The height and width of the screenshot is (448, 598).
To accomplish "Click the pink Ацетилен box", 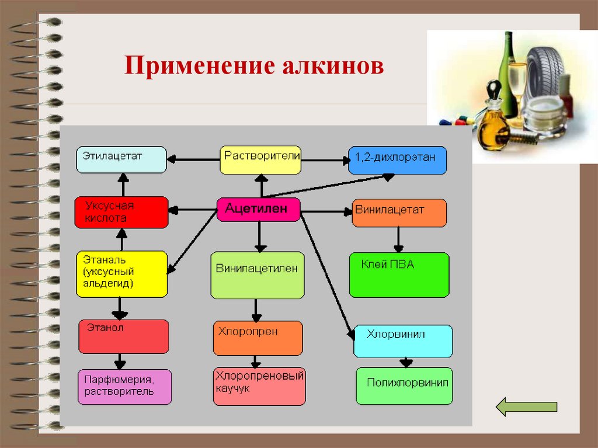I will [259, 209].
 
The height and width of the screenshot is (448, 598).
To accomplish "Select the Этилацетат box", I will [121, 160].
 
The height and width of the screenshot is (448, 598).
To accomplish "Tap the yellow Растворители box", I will [260, 160].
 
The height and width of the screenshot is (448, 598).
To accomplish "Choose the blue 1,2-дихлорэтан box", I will [397, 161].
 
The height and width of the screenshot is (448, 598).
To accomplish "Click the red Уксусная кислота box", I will [121, 212].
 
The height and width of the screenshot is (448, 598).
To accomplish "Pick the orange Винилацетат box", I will [399, 213].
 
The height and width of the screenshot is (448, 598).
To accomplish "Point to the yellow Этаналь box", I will [121, 274].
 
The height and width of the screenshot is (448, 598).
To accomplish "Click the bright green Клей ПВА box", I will [399, 275].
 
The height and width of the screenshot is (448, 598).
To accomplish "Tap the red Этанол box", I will [123, 336].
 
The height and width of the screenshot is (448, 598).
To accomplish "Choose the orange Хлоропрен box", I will [258, 338].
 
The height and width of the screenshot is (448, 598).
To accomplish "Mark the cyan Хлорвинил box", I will [403, 341].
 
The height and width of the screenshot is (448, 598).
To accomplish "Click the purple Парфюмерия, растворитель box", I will [125, 387].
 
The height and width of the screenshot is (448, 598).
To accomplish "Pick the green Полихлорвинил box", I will [404, 386].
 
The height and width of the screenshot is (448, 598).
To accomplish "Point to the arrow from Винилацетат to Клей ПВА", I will [398, 239].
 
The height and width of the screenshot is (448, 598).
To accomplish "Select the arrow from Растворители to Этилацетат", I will [193, 158].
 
